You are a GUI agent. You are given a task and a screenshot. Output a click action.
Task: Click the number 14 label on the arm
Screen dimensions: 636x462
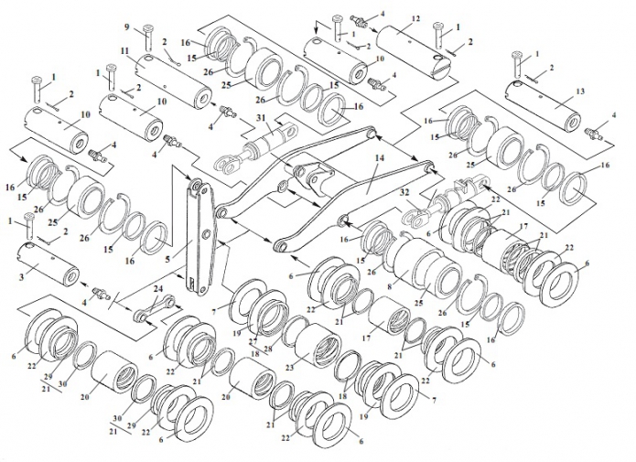[x=379, y=157]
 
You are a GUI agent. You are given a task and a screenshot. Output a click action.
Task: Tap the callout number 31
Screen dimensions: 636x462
[x=260, y=118]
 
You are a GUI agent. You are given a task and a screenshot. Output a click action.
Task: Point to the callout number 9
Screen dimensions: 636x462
[x=127, y=27]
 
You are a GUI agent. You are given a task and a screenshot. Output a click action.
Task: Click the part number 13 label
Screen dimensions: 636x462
[x=580, y=91]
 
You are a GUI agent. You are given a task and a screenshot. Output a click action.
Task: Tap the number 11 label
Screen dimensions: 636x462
[x=124, y=50]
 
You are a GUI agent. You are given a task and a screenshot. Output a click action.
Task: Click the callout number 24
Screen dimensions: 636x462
[x=157, y=289]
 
